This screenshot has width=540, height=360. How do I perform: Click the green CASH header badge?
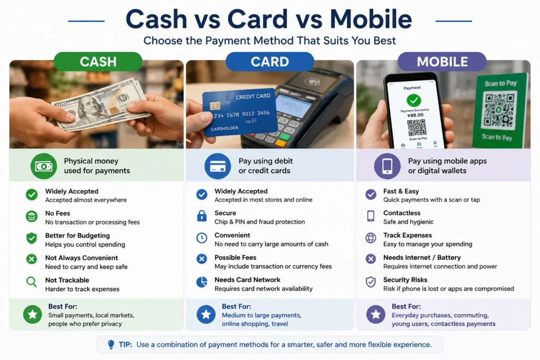[x=98, y=62]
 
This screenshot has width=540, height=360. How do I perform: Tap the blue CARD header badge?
[x=269, y=62]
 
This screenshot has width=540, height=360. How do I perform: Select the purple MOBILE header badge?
[x=442, y=62]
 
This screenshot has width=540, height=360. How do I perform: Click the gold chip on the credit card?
[x=215, y=105]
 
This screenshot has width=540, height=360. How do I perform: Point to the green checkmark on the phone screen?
[x=413, y=101]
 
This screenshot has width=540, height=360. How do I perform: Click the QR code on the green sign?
[x=499, y=110]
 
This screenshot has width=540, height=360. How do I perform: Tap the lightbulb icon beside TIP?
[x=111, y=345]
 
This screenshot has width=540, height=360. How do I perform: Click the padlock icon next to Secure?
[x=202, y=216]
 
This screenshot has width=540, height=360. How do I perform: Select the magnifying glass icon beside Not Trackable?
[x=31, y=282]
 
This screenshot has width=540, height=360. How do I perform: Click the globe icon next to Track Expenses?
[x=371, y=238]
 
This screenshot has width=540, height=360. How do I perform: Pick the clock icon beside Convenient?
[x=202, y=238]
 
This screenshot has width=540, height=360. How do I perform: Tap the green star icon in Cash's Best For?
[x=33, y=314]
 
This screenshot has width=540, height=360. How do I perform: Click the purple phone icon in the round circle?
[x=387, y=166]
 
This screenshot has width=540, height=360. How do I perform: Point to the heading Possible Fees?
[x=235, y=257]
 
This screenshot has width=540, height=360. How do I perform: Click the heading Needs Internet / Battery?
[x=422, y=257]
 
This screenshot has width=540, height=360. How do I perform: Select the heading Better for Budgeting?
[x=78, y=236]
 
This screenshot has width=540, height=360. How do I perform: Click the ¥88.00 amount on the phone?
[x=415, y=115]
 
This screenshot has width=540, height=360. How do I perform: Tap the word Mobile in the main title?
[x=371, y=19]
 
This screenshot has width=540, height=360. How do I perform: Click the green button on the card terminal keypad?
[x=284, y=137]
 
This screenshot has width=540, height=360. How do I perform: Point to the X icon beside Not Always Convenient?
[x=32, y=259]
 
